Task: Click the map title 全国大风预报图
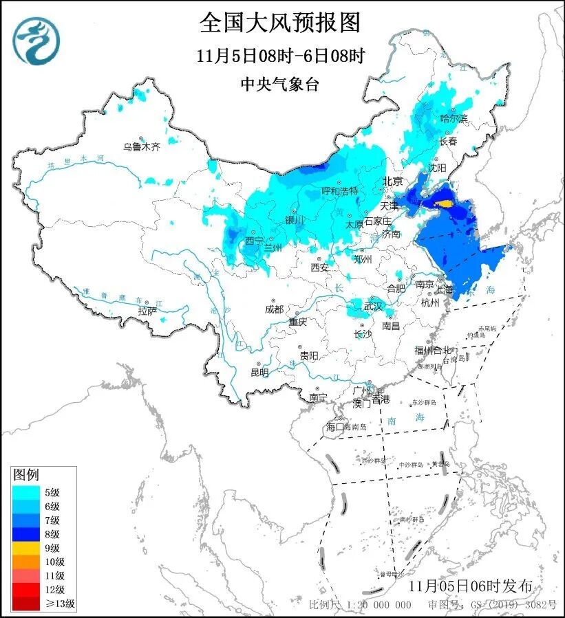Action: [280, 23]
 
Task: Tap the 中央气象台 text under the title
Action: [280, 84]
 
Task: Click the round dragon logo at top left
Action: [36, 41]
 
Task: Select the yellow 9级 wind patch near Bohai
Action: [446, 203]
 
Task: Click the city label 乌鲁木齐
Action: [141, 146]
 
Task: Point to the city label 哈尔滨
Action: [454, 119]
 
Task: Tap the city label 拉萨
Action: [147, 311]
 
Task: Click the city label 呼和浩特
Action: [340, 191]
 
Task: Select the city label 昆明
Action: [259, 372]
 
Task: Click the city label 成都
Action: [273, 309]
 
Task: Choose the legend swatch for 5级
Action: [27, 492]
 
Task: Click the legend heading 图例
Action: [27, 475]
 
